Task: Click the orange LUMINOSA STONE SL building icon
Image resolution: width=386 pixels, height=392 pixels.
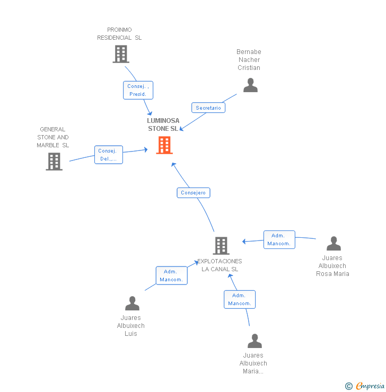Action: click(164, 145)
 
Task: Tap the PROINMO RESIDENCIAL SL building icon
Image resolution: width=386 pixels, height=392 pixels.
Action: click(121, 54)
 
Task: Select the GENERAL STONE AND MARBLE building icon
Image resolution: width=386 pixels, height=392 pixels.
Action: click(54, 162)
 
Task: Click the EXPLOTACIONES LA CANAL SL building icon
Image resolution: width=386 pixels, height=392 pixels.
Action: click(221, 246)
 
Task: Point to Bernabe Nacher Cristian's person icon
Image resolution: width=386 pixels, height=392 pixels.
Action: click(250, 85)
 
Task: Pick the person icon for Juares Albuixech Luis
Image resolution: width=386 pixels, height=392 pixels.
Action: click(132, 304)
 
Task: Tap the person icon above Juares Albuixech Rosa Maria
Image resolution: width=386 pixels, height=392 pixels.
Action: click(334, 244)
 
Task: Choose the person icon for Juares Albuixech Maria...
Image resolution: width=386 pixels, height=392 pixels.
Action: click(255, 341)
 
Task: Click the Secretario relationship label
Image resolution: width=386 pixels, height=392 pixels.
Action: click(208, 108)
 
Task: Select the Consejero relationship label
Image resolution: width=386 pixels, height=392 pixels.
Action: click(194, 193)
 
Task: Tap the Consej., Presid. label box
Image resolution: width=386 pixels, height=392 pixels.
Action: click(138, 90)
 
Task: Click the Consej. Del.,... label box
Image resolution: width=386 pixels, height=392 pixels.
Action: click(109, 155)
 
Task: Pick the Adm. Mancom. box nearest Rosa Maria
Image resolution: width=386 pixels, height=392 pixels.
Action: click(279, 239)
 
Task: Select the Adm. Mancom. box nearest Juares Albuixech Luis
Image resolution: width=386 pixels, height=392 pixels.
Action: click(171, 275)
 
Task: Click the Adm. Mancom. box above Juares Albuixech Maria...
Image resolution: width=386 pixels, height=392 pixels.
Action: click(240, 299)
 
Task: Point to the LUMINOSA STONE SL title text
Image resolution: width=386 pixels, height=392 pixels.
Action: click(163, 124)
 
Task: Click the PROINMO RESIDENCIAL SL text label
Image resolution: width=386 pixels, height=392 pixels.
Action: click(119, 34)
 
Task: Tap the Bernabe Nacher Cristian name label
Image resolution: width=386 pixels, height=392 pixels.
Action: click(249, 60)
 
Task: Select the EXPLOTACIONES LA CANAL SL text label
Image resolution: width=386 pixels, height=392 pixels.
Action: click(220, 265)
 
